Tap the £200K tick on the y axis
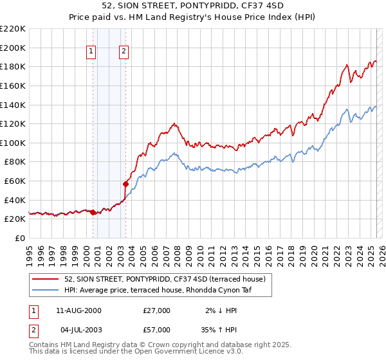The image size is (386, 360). click(x=13, y=48)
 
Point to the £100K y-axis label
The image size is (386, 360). click(x=13, y=143)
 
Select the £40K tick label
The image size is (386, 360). click(x=15, y=200)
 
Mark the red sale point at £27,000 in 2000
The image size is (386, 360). click(x=93, y=212)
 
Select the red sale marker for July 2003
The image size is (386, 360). click(x=125, y=184)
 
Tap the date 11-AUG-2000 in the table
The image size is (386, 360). click(x=79, y=310)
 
